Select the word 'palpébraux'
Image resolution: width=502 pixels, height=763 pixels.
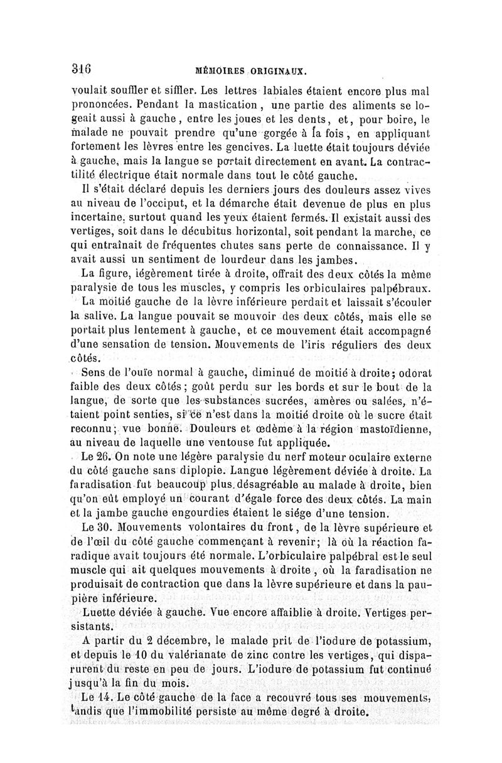(398, 289)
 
